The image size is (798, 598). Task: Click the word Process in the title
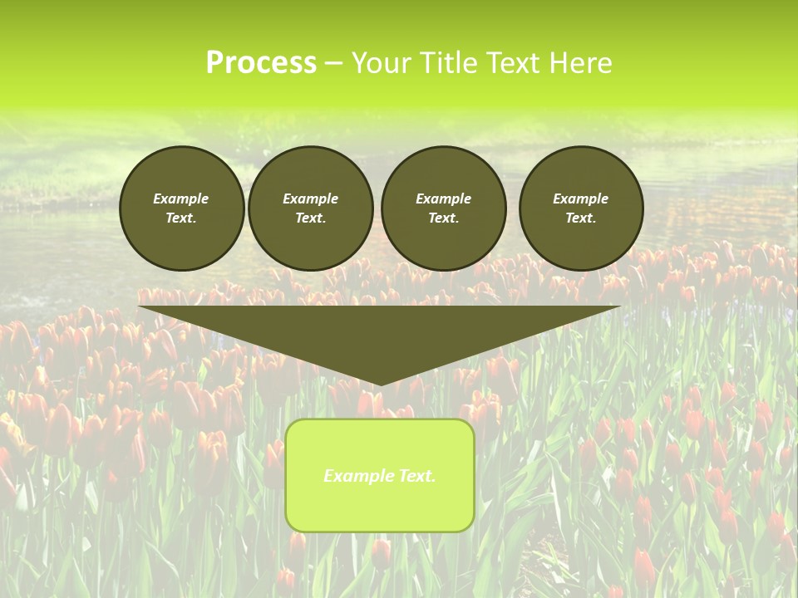point(261,63)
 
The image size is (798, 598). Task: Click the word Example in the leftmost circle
point(181,199)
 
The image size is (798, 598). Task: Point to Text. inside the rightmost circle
point(581,218)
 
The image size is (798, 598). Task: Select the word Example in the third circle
point(443,199)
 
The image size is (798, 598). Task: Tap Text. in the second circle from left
point(310,218)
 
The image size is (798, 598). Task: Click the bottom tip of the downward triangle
point(380,383)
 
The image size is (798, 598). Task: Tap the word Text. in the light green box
point(416,476)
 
